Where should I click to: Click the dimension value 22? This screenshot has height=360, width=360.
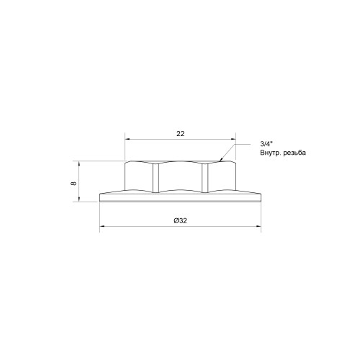pos(181,134)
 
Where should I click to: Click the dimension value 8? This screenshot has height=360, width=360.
pos(73,183)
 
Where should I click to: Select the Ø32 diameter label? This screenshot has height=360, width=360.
pos(180,220)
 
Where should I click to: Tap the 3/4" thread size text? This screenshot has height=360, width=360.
pos(266,144)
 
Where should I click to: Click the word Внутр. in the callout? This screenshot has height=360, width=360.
pos(271,153)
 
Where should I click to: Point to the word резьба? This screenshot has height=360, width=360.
pos(294,153)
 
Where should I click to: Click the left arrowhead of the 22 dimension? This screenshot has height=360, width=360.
pos(127,139)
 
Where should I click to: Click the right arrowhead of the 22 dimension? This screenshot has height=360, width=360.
pos(233,139)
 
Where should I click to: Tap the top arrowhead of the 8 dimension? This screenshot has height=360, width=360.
pos(78,164)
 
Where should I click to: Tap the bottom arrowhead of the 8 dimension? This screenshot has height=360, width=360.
pos(78,199)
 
